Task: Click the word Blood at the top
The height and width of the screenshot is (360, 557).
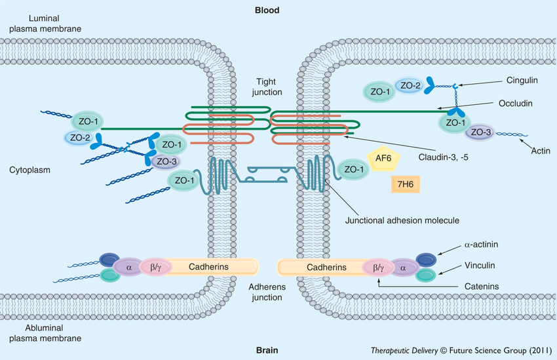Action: pos(267,10)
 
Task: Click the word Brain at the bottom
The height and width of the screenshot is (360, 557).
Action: pos(267,349)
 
